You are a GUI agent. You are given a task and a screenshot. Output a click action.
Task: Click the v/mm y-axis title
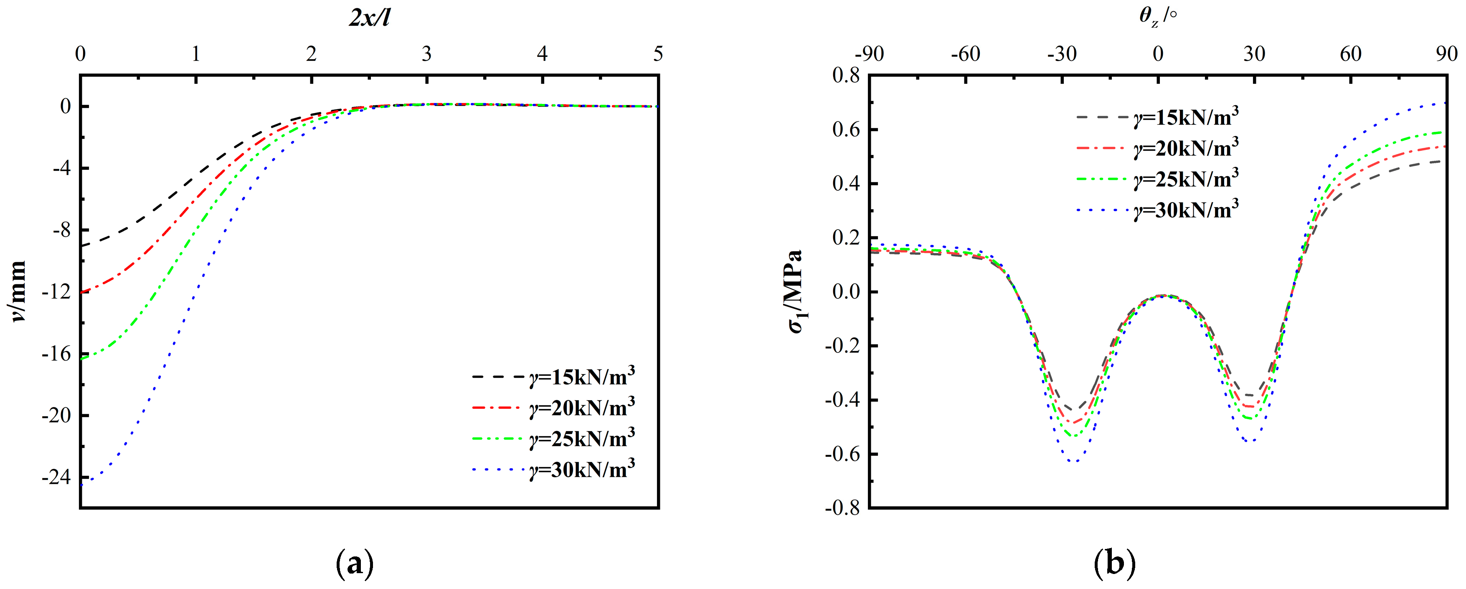click(19, 291)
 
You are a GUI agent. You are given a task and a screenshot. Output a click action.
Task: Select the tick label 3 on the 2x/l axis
click(427, 55)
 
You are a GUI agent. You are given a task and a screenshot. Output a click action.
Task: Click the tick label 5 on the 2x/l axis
click(658, 55)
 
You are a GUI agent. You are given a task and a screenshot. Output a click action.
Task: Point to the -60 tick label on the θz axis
click(965, 55)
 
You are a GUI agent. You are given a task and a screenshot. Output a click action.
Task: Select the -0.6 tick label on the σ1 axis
click(842, 454)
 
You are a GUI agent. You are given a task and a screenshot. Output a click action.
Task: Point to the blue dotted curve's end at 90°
click(1446, 104)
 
